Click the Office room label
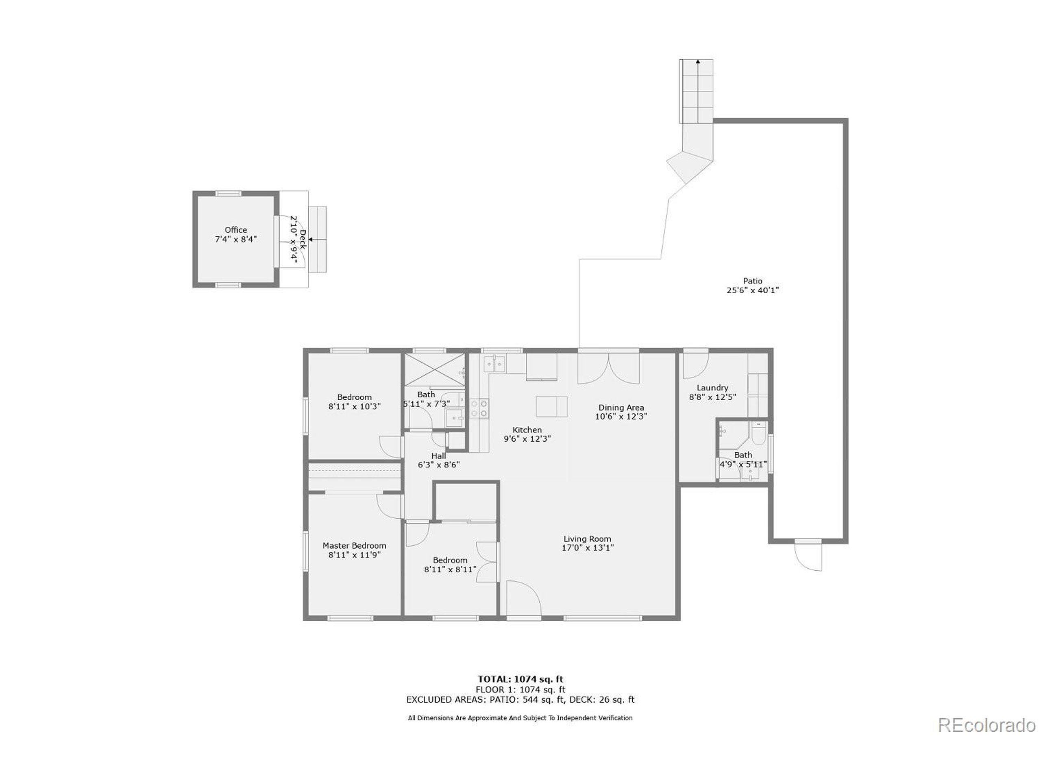[x=236, y=230]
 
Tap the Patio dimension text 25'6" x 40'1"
[x=753, y=290]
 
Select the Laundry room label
[x=712, y=387]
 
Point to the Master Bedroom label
[x=354, y=545]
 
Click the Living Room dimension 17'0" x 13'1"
[x=587, y=548]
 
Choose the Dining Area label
[x=621, y=407]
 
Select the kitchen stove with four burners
[x=479, y=408]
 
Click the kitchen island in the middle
[x=551, y=406]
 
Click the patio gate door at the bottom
[x=808, y=556]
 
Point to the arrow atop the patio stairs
[x=697, y=62]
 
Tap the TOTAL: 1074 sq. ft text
[x=520, y=679]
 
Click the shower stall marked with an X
[x=434, y=369]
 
